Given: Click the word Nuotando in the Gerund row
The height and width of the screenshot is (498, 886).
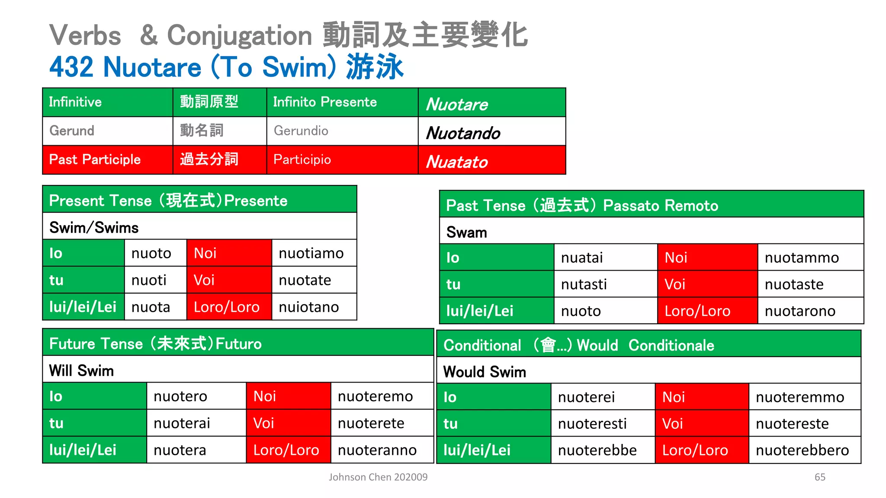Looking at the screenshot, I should click(x=463, y=133).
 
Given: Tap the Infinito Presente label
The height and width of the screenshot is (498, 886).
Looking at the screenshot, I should click(x=324, y=102).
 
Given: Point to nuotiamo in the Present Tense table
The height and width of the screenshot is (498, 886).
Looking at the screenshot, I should click(x=311, y=253).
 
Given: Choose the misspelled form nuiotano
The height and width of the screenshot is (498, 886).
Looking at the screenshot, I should click(x=308, y=307).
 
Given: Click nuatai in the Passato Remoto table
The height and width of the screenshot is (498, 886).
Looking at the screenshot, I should click(x=582, y=258).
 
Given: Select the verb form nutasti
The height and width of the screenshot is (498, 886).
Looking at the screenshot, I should click(x=584, y=284).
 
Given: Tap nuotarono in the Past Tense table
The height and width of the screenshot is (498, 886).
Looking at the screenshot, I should click(x=800, y=311).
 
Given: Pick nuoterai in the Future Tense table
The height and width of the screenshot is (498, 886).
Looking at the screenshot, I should click(x=182, y=423).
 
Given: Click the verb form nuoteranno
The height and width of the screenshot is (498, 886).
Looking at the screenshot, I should click(x=377, y=450).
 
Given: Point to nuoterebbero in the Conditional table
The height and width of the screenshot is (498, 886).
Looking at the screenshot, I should click(x=802, y=450).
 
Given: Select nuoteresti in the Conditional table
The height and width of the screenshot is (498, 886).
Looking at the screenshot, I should click(x=592, y=424).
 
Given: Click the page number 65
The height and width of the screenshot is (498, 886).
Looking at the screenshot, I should click(x=820, y=477).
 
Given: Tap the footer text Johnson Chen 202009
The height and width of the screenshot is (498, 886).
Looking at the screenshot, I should click(x=378, y=477).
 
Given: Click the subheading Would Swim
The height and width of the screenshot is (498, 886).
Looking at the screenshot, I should click(x=485, y=372).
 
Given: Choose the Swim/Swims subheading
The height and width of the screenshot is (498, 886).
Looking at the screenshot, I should click(x=94, y=227).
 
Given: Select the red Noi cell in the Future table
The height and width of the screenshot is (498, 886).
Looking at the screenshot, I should click(x=288, y=396).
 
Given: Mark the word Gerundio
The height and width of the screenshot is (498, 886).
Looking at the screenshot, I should click(x=301, y=131).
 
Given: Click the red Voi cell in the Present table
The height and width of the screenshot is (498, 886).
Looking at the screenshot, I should click(x=229, y=280).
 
